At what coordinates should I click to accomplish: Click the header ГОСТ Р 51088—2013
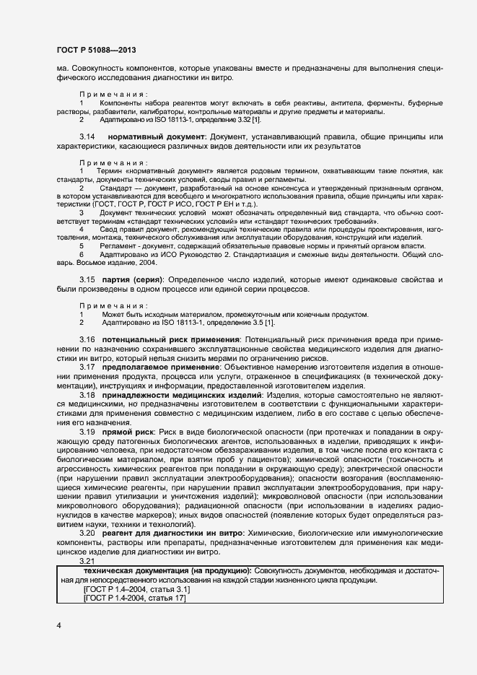[x=96, y=51]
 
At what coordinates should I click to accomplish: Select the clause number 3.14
[x=87, y=136]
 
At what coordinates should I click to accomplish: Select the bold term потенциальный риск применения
[x=170, y=339]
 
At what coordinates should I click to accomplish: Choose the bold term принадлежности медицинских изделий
[x=183, y=396]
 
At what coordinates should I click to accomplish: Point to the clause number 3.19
[x=87, y=432]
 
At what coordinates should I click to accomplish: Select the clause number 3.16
[x=87, y=339]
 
